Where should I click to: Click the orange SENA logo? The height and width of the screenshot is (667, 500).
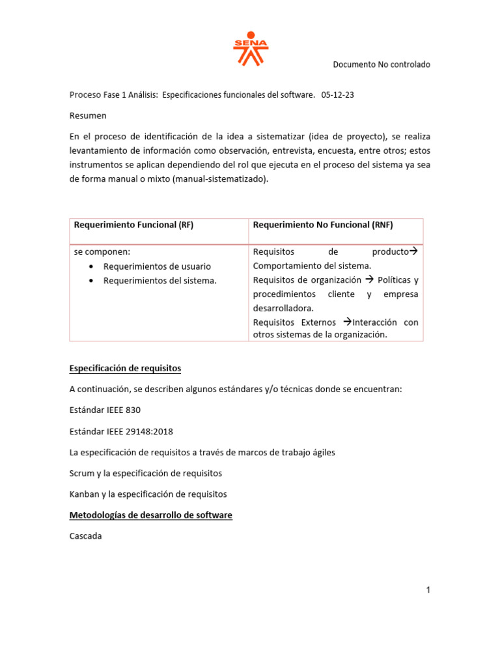pos(251,50)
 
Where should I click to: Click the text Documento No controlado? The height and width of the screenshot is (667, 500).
pos(382,64)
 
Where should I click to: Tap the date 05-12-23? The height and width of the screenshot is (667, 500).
pos(338,95)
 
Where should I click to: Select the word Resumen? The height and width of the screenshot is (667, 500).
pos(88,116)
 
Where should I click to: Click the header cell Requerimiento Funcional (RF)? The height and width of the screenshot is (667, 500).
pos(133,225)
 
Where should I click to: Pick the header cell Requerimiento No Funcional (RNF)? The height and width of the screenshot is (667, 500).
pos(323,225)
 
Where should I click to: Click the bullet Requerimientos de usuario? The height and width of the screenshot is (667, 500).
pos(157,266)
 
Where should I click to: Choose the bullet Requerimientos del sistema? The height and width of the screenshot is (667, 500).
pos(160,281)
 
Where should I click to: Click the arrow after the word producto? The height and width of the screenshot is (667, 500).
pos(413,251)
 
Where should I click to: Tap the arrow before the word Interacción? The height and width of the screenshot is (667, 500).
pos(346,322)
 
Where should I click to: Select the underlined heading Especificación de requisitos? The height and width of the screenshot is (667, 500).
pos(125,369)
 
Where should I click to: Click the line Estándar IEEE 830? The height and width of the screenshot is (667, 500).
pos(105,410)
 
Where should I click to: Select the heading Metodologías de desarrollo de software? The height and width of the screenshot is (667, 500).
pos(150,515)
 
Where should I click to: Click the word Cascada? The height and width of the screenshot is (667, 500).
pos(86,536)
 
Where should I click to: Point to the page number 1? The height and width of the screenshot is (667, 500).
pos(428,590)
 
